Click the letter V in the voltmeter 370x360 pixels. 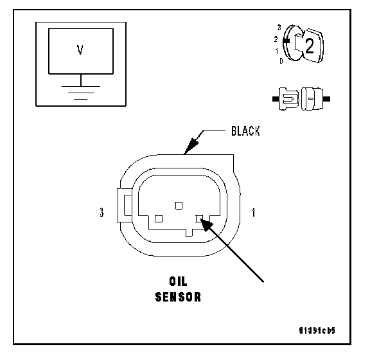[80, 50]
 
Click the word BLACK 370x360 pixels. [245, 131]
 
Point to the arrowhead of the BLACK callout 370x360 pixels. [191, 146]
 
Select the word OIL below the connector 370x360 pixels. [178, 281]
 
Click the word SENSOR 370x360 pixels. [178, 297]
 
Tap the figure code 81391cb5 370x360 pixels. [317, 330]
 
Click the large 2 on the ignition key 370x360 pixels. [310, 46]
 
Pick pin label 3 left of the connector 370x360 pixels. [101, 212]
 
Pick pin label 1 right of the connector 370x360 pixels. [254, 212]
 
